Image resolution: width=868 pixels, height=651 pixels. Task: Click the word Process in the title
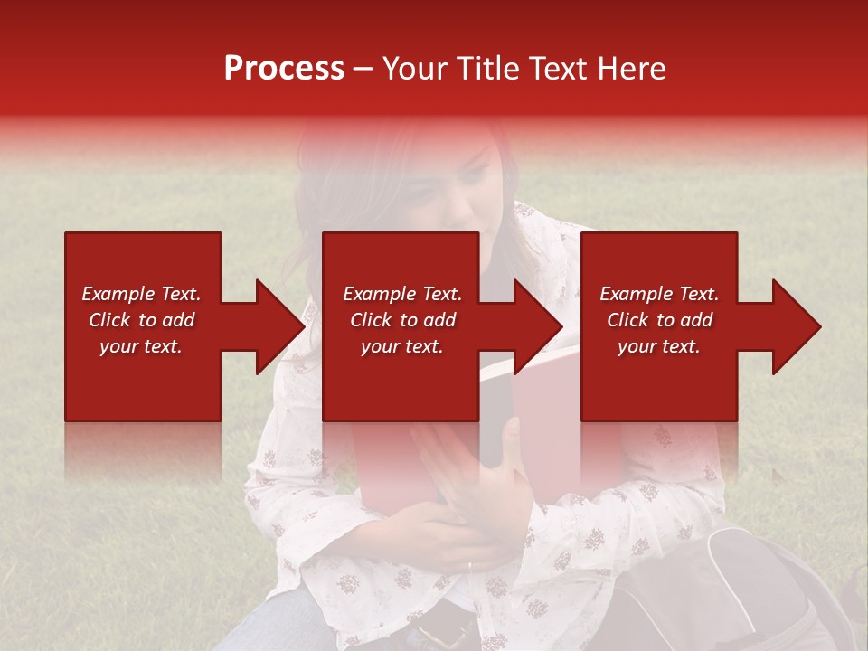coord(284,69)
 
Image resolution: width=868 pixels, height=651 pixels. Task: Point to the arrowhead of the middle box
coord(537,326)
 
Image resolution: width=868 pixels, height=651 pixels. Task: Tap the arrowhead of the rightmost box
coord(796,326)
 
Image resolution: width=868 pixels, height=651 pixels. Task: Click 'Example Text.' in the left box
coord(141,294)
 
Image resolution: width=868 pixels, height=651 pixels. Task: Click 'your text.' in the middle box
coord(401,346)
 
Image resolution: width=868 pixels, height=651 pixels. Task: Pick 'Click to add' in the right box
coord(659,320)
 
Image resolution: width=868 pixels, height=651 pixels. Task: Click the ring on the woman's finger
coord(468,566)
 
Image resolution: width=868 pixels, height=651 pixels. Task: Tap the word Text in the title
coord(567,69)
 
